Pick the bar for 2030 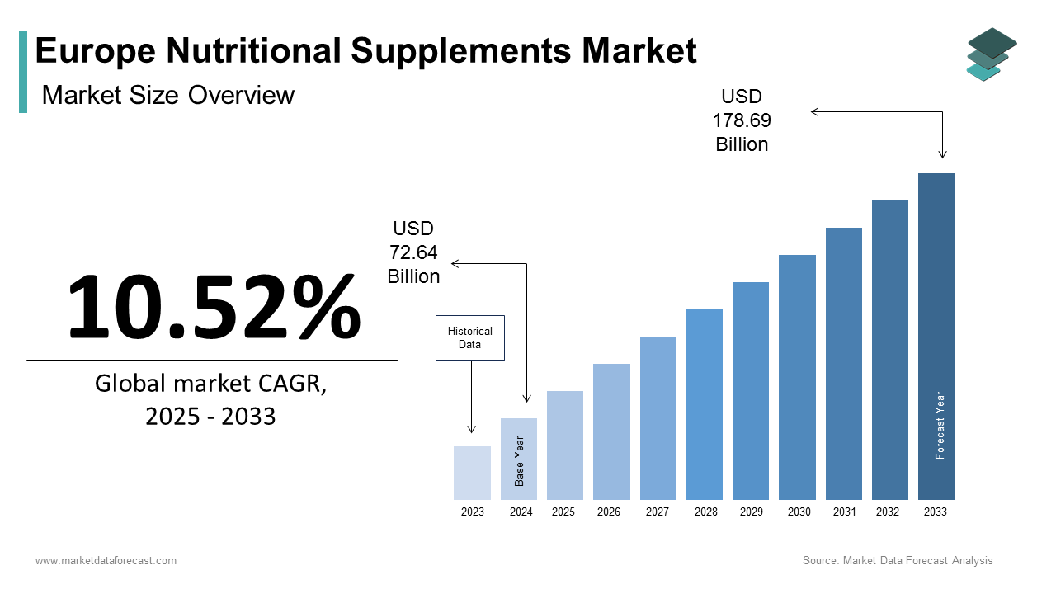click(797, 377)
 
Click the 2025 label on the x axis click(563, 512)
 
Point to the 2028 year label click(705, 512)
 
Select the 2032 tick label click(888, 512)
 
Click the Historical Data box click(469, 337)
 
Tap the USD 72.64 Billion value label click(414, 252)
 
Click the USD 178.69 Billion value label click(742, 120)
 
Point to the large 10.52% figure click(213, 306)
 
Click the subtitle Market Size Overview click(168, 95)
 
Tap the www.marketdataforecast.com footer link click(106, 561)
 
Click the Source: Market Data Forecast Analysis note click(898, 561)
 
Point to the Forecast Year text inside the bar click(940, 425)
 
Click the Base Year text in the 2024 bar click(520, 461)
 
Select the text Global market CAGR click(211, 384)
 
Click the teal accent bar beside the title click(23, 72)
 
